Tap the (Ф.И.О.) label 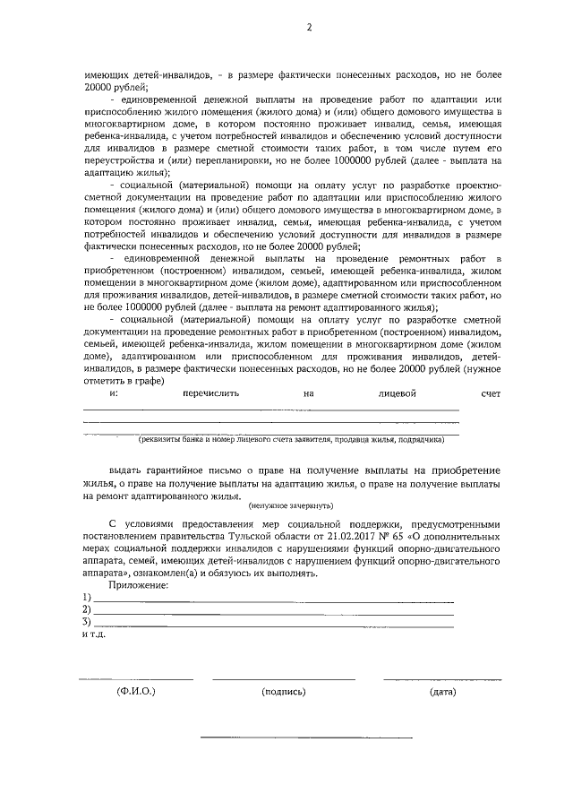tap(136, 692)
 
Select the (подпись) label tap(284, 692)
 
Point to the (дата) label tap(442, 692)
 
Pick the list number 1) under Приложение tap(87, 597)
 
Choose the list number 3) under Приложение tap(87, 621)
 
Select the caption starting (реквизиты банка tap(290, 440)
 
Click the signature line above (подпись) tap(284, 678)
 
